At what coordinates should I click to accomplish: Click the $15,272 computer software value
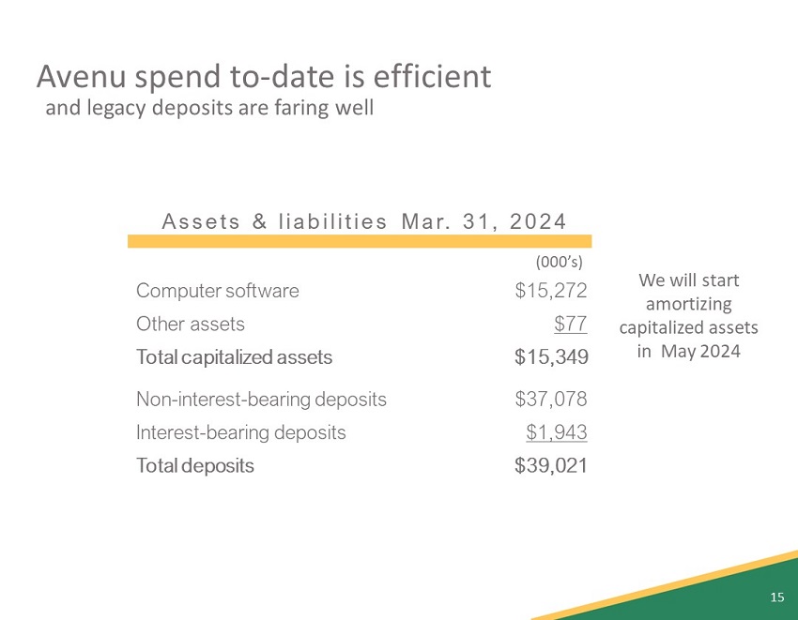pos(551,291)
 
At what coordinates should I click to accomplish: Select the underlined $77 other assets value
pos(571,325)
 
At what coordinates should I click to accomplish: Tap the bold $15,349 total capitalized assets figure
pos(551,357)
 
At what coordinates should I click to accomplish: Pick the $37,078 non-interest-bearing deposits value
pos(551,400)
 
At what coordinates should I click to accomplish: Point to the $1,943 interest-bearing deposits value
pos(557,432)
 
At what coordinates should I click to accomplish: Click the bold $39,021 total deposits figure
pos(551,465)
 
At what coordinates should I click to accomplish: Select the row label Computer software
pos(218,291)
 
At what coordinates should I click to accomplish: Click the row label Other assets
pos(191,325)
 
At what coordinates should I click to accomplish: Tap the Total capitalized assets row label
pos(234,357)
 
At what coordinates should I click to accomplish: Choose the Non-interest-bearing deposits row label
pos(261,400)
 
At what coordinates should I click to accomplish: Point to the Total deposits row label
pos(194,465)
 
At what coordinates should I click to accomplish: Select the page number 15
pos(776,597)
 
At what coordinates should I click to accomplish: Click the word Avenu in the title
pos(77,75)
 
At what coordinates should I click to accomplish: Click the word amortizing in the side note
pos(689,304)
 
